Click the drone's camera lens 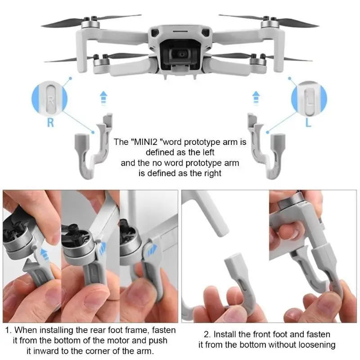[182, 54]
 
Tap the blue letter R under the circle [50, 122]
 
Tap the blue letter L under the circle [308, 122]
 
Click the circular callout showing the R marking [49, 98]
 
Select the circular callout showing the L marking [309, 98]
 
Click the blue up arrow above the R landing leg [103, 98]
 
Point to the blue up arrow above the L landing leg [256, 98]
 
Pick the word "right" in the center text [213, 173]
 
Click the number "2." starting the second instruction [207, 334]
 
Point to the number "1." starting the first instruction [8, 330]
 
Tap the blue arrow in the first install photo [45, 253]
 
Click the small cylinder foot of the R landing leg [81, 140]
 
